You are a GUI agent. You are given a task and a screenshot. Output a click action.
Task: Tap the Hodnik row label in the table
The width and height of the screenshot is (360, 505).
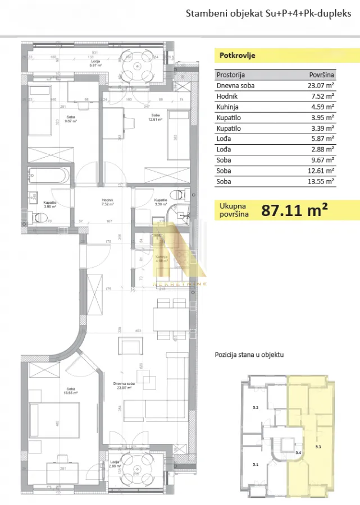(x=226, y=97)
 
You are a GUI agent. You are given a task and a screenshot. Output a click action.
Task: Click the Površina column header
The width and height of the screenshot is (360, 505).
(x=322, y=75)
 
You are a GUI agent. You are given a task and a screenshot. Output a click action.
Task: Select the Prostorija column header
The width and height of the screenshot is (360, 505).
(x=231, y=75)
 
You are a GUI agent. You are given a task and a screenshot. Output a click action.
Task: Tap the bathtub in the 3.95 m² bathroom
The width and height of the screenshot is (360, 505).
(x=50, y=175)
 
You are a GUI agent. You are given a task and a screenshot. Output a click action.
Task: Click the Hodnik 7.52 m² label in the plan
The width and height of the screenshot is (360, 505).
(x=108, y=203)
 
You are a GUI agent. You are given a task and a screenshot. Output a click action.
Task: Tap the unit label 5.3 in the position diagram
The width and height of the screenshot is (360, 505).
(x=319, y=431)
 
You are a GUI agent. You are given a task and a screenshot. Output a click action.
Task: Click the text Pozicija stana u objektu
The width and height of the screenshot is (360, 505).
(x=249, y=355)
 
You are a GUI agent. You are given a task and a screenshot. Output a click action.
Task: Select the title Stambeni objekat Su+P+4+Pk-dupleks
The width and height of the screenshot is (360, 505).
(x=268, y=13)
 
